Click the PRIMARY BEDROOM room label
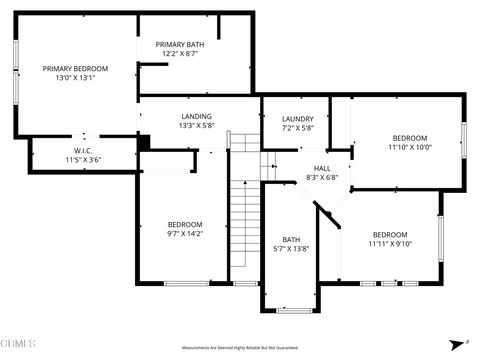(x=75, y=68)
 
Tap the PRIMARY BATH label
(x=180, y=45)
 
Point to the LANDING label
(x=196, y=116)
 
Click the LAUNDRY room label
(x=298, y=119)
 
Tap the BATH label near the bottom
(x=291, y=239)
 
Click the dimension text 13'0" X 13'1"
(x=75, y=78)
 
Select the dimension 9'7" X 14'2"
(x=185, y=234)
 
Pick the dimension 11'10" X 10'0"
(x=409, y=147)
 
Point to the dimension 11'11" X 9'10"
(x=389, y=243)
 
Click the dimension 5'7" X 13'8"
(x=291, y=249)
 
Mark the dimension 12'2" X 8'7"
(x=180, y=54)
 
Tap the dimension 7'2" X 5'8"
(x=298, y=128)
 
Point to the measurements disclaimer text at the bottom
(x=240, y=349)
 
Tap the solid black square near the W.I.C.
(x=143, y=143)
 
